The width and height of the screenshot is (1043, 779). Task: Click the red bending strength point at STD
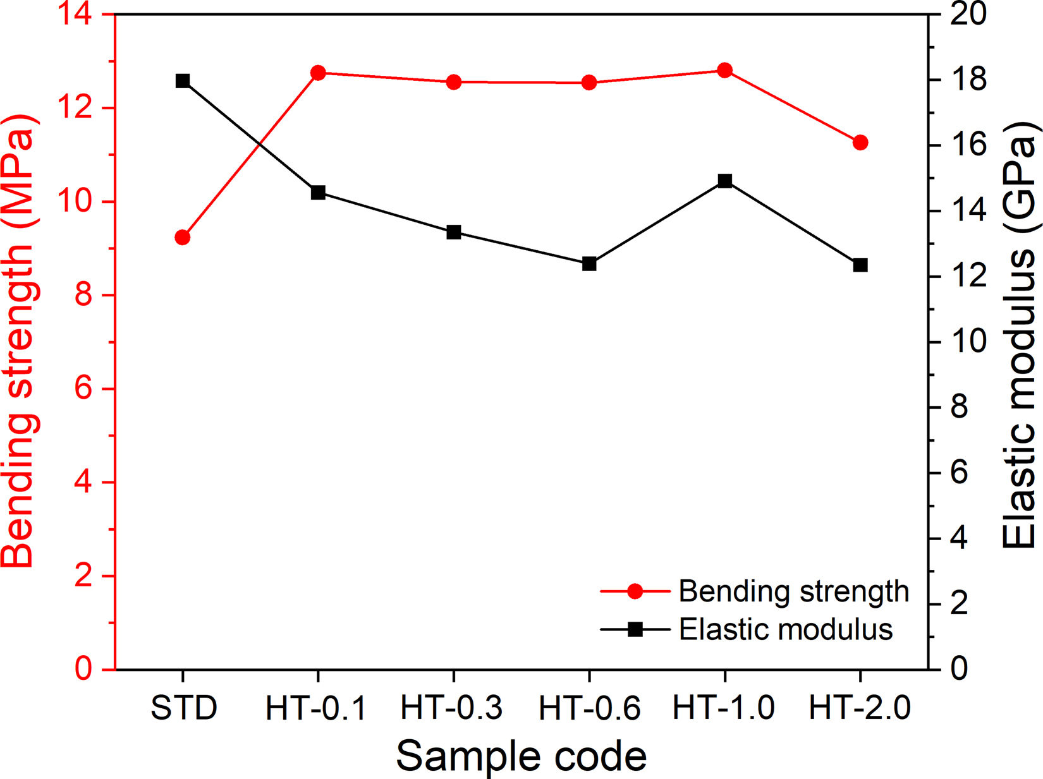pyautogui.click(x=183, y=237)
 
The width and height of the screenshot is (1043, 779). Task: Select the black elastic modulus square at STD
pyautogui.click(x=183, y=81)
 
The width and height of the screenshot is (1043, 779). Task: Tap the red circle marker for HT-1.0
pyautogui.click(x=725, y=70)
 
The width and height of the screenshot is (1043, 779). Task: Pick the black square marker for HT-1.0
pyautogui.click(x=725, y=181)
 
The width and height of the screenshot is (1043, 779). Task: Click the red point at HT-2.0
pyautogui.click(x=860, y=143)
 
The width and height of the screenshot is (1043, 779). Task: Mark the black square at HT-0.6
pyautogui.click(x=589, y=263)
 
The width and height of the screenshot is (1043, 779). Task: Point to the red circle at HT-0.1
pyautogui.click(x=318, y=73)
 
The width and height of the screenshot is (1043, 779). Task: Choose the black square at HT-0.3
pyautogui.click(x=454, y=232)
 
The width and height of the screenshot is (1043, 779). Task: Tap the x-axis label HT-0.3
pyautogui.click(x=451, y=708)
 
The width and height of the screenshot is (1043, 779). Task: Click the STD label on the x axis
pyautogui.click(x=184, y=708)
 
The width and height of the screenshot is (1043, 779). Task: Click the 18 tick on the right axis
pyautogui.click(x=968, y=80)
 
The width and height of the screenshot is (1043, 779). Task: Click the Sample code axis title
pyautogui.click(x=521, y=756)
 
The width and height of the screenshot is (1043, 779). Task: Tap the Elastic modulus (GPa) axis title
pyautogui.click(x=1019, y=335)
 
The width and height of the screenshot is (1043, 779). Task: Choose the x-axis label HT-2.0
pyautogui.click(x=860, y=708)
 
